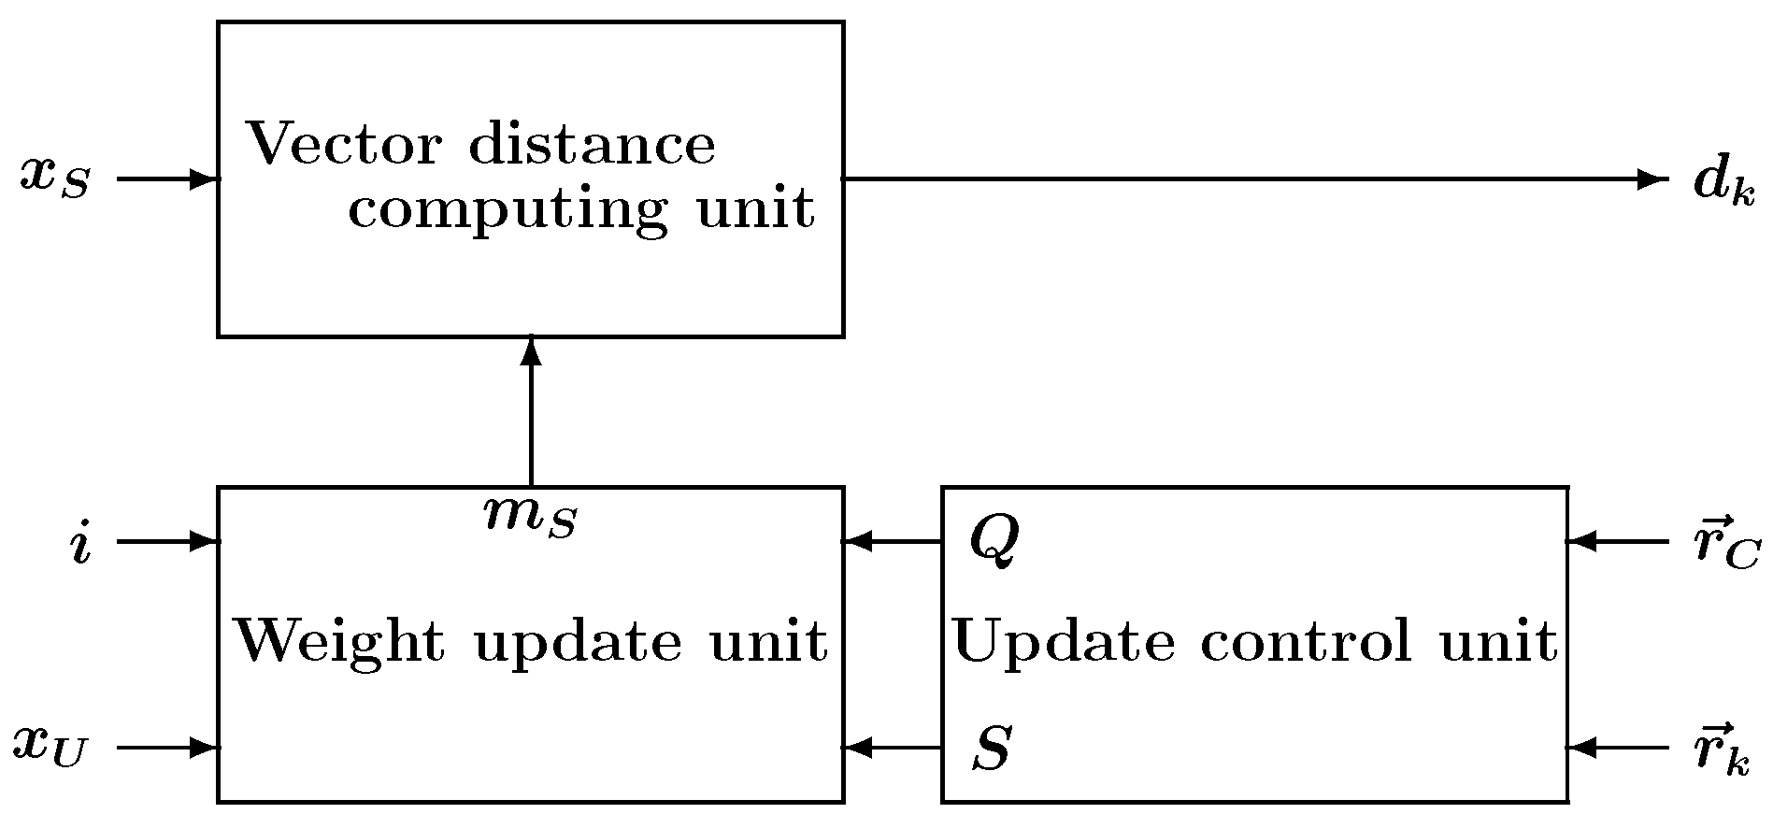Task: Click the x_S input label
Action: click(x=55, y=178)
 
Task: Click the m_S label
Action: click(x=530, y=516)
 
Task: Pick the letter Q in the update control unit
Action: click(x=994, y=540)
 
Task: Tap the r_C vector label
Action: click(x=1727, y=542)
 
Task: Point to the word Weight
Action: click(x=340, y=642)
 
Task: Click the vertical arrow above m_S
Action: click(x=531, y=411)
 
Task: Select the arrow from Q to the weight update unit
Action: click(x=893, y=540)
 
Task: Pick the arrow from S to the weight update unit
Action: click(x=893, y=748)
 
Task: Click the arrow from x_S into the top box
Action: click(x=168, y=178)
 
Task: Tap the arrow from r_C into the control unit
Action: click(x=1617, y=540)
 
